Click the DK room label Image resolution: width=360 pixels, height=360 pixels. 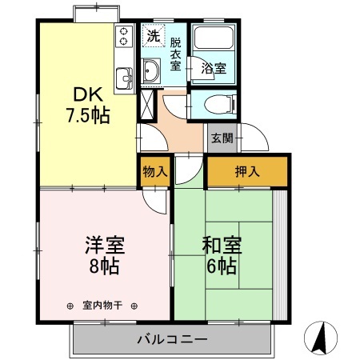[88, 94]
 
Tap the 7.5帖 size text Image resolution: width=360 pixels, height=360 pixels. [88, 115]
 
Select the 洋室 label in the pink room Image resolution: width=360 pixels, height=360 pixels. [105, 245]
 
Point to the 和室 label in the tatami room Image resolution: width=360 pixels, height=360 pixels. [222, 245]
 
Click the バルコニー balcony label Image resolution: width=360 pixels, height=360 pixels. [172, 339]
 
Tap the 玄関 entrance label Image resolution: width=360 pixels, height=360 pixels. [222, 138]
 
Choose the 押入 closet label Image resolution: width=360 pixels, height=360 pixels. [247, 171]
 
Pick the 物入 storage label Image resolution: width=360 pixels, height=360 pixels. [155, 171]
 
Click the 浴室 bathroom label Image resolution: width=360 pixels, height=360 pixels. [214, 68]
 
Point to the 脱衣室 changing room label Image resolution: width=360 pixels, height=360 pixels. [176, 54]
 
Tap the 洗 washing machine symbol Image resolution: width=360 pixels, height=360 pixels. [154, 36]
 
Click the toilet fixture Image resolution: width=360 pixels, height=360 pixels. [220, 105]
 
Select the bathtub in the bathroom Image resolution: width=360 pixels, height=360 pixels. [214, 38]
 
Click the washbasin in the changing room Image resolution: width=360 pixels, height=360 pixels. [151, 71]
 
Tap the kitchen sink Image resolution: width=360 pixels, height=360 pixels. [124, 78]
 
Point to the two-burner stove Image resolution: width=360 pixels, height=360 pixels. [124, 36]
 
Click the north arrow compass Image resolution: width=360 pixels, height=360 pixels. [321, 338]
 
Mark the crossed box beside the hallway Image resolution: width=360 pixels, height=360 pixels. [147, 105]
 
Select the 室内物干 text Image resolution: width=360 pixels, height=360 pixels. [102, 306]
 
